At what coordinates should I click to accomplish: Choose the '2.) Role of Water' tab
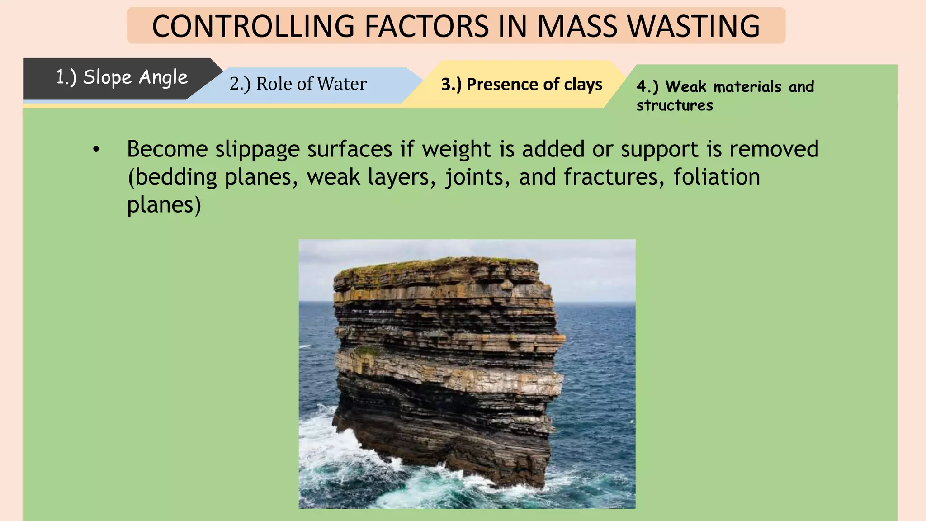[298, 84]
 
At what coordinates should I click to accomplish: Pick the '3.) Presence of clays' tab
[521, 85]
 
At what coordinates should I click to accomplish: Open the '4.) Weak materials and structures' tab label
[725, 95]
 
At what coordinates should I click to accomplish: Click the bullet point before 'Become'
[96, 150]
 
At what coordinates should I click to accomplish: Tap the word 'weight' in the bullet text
[456, 150]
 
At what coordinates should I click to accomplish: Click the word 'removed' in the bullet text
[774, 150]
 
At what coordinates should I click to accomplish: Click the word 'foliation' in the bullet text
[717, 177]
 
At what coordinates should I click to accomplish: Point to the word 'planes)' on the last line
[164, 205]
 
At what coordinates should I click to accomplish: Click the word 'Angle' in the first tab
[163, 78]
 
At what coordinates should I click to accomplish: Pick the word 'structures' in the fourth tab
[675, 105]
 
